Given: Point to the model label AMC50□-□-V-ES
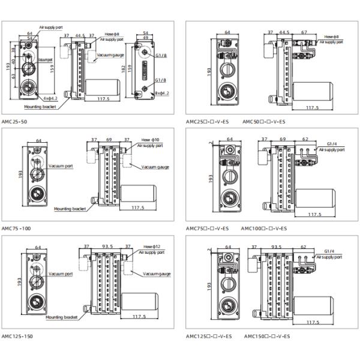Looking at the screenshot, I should (265, 121).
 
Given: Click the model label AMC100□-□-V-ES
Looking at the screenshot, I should (264, 229).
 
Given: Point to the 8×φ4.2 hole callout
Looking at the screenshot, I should (161, 93).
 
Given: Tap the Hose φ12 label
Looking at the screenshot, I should (149, 247).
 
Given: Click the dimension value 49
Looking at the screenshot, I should (146, 37).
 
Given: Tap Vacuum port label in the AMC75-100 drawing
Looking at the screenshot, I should (61, 165).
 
